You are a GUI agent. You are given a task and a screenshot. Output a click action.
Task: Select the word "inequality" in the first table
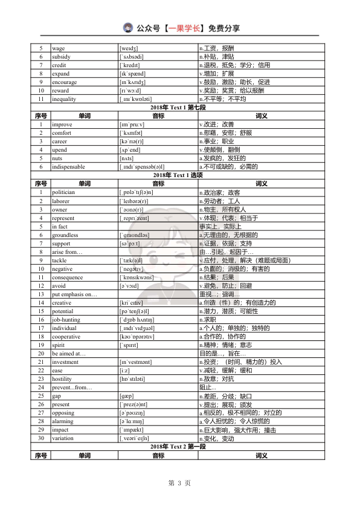(x=64, y=99)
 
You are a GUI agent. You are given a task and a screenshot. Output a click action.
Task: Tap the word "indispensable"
(x=68, y=166)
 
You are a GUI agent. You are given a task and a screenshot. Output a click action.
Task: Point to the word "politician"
(x=63, y=192)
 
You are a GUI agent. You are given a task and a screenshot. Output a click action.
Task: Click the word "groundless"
(x=65, y=235)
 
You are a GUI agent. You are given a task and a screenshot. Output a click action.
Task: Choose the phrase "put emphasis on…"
(x=74, y=294)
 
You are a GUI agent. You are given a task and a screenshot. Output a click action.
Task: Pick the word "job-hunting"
(x=66, y=319)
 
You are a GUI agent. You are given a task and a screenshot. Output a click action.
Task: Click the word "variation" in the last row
(x=63, y=438)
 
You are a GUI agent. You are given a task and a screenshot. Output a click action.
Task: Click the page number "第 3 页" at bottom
(x=179, y=483)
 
